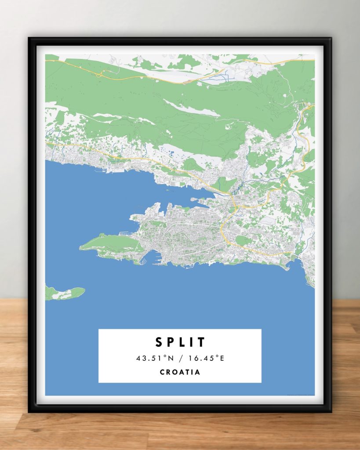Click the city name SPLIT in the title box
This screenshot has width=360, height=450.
click(x=180, y=342)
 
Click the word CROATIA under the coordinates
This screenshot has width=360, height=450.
click(x=180, y=372)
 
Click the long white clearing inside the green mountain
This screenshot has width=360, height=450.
click(x=191, y=108)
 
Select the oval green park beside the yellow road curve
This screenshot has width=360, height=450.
click(x=243, y=240)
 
